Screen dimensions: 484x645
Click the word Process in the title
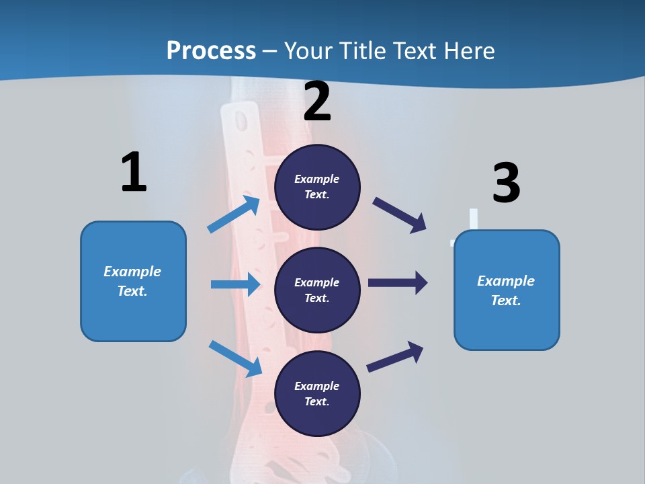click(211, 51)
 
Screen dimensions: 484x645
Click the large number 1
click(134, 172)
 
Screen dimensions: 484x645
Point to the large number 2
click(317, 102)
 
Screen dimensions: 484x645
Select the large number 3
click(506, 184)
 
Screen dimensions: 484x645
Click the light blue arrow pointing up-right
click(233, 214)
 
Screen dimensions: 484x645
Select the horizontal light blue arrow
click(235, 284)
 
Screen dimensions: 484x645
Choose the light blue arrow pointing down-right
click(235, 358)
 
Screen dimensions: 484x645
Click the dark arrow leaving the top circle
click(400, 215)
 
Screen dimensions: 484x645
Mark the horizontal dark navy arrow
click(398, 282)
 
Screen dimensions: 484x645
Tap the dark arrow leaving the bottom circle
click(395, 357)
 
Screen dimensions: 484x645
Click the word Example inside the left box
click(132, 272)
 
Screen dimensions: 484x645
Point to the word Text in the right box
click(505, 300)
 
